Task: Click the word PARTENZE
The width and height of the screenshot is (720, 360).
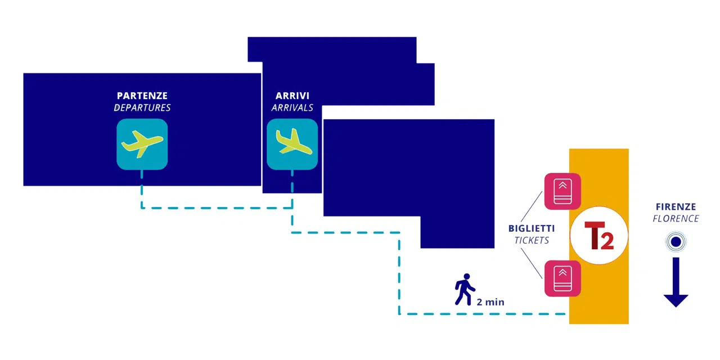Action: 142,96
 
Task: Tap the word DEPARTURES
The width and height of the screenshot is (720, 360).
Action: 142,107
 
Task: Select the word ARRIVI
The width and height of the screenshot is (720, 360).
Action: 292,96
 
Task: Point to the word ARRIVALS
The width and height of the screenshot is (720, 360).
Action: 292,107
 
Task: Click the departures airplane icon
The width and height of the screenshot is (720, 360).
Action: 142,145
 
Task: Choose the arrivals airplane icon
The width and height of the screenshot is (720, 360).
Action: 292,145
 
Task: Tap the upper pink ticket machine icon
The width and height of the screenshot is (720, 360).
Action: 562,192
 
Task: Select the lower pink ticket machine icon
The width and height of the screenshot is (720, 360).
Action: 562,278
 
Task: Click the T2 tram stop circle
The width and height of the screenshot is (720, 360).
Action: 599,236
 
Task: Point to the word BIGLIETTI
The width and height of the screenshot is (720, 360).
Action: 532,228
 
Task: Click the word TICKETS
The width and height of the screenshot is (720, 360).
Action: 532,240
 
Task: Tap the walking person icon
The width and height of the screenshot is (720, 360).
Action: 465,289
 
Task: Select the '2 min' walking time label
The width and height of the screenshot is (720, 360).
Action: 490,302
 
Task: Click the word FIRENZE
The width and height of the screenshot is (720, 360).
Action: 676,206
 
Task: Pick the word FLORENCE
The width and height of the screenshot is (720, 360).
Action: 676,219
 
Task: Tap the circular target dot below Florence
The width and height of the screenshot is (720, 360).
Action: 676,242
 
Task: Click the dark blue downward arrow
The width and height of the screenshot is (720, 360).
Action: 676,282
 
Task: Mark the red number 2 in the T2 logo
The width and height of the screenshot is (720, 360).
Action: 607,240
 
